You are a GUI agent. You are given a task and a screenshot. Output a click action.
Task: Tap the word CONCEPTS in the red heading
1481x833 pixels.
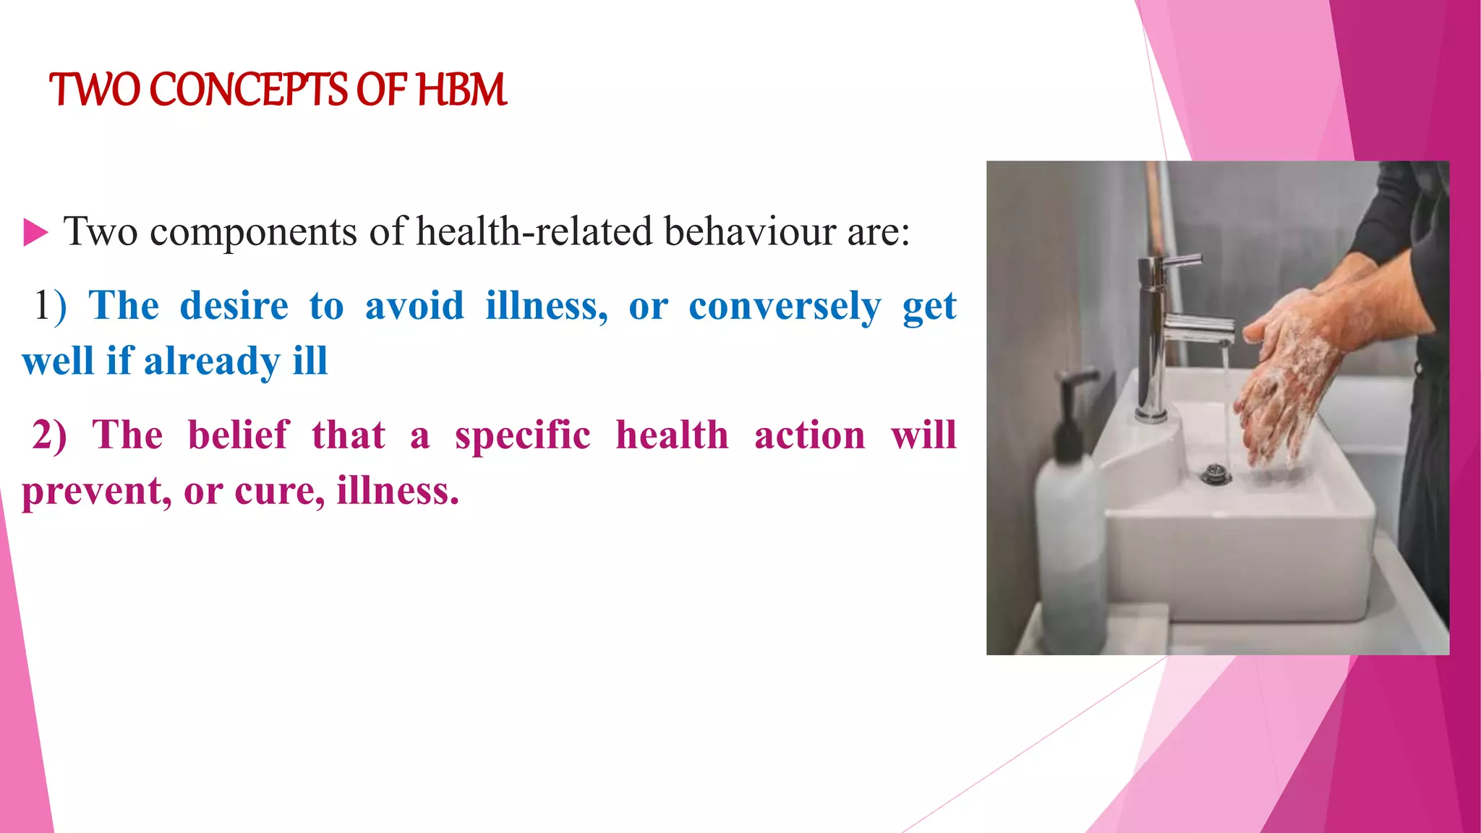click(x=248, y=90)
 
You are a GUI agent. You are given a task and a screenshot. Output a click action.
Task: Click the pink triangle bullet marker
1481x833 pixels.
click(x=35, y=233)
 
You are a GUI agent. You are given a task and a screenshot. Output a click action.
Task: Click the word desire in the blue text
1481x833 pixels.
click(x=234, y=305)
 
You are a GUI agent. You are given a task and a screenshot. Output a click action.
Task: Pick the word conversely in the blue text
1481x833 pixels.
click(x=785, y=307)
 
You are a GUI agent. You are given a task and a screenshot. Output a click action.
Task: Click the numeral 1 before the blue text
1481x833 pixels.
click(x=42, y=305)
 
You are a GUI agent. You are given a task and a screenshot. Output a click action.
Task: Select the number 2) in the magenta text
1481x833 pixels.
click(x=49, y=435)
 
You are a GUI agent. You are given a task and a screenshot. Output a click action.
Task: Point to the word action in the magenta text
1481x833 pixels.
click(x=809, y=435)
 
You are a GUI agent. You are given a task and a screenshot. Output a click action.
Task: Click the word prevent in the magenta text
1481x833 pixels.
click(x=95, y=492)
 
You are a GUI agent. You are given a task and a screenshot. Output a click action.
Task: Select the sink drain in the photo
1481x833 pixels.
click(x=1216, y=474)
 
